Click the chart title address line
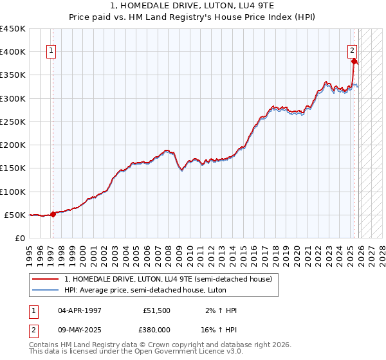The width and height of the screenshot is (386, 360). (x=192, y=6)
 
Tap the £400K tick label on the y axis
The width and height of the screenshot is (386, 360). (x=13, y=52)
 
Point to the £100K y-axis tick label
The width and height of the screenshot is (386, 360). (x=13, y=192)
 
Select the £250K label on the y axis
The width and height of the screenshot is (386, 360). (x=13, y=122)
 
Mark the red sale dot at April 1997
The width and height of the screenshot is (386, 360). (x=53, y=215)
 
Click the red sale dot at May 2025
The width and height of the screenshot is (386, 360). (x=354, y=62)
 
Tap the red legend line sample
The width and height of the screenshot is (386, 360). (x=45, y=279)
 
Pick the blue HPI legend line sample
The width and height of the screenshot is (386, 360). (x=45, y=290)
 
